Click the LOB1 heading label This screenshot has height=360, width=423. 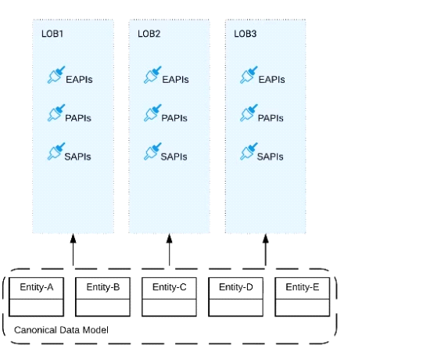click(x=52, y=34)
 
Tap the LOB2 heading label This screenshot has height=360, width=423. click(x=149, y=34)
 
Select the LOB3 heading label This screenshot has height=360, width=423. click(x=246, y=34)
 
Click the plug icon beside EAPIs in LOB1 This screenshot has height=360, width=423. click(x=56, y=75)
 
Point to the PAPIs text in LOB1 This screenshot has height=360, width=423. click(x=78, y=118)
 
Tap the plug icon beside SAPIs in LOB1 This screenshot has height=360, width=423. click(x=56, y=152)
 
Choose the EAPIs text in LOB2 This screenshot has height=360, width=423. click(x=175, y=80)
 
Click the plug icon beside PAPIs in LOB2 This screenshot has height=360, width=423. click(x=152, y=113)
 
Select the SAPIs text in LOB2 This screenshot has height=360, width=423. click(x=174, y=157)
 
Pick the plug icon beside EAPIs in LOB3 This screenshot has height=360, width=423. click(x=249, y=75)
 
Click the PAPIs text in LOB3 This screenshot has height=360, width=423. click(x=271, y=118)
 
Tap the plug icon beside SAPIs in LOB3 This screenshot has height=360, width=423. click(x=249, y=152)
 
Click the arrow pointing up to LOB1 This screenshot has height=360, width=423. click(x=73, y=250)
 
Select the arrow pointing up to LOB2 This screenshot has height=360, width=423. click(x=170, y=250)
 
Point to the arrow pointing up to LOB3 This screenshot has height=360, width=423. click(x=266, y=250)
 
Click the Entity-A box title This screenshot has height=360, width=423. click(x=37, y=287)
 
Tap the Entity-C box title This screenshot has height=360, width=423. click(x=170, y=287)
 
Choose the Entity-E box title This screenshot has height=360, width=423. click(x=303, y=287)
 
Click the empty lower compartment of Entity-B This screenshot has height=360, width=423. click(x=102, y=308)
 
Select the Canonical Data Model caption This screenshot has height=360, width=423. click(x=61, y=330)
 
